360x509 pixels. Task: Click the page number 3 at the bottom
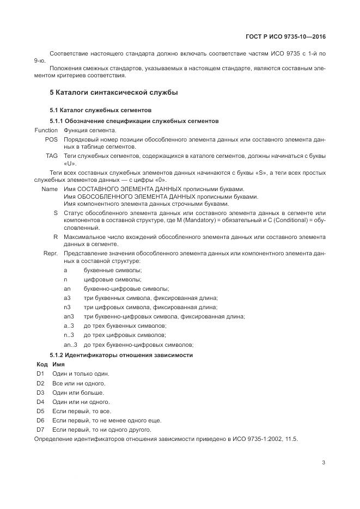pyautogui.click(x=324, y=463)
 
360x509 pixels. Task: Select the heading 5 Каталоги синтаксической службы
pyautogui.click(x=113, y=93)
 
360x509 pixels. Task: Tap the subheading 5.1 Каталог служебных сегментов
pyautogui.click(x=93, y=111)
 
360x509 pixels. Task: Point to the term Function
pyautogui.click(x=46, y=131)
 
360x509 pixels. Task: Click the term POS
pyautogui.click(x=51, y=139)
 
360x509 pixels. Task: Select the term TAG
pyautogui.click(x=52, y=156)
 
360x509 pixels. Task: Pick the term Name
pyautogui.click(x=50, y=188)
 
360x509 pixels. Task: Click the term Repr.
pyautogui.click(x=51, y=254)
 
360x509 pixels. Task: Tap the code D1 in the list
pyautogui.click(x=40, y=373)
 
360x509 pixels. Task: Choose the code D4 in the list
pyautogui.click(x=40, y=401)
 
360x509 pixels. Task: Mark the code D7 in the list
pyautogui.click(x=40, y=429)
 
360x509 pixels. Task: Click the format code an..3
pyautogui.click(x=70, y=345)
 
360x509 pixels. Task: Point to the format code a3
pyautogui.click(x=67, y=298)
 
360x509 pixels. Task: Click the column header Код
pyautogui.click(x=42, y=364)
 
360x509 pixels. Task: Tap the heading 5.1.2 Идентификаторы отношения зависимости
pyautogui.click(x=121, y=355)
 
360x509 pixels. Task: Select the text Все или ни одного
pyautogui.click(x=78, y=383)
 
